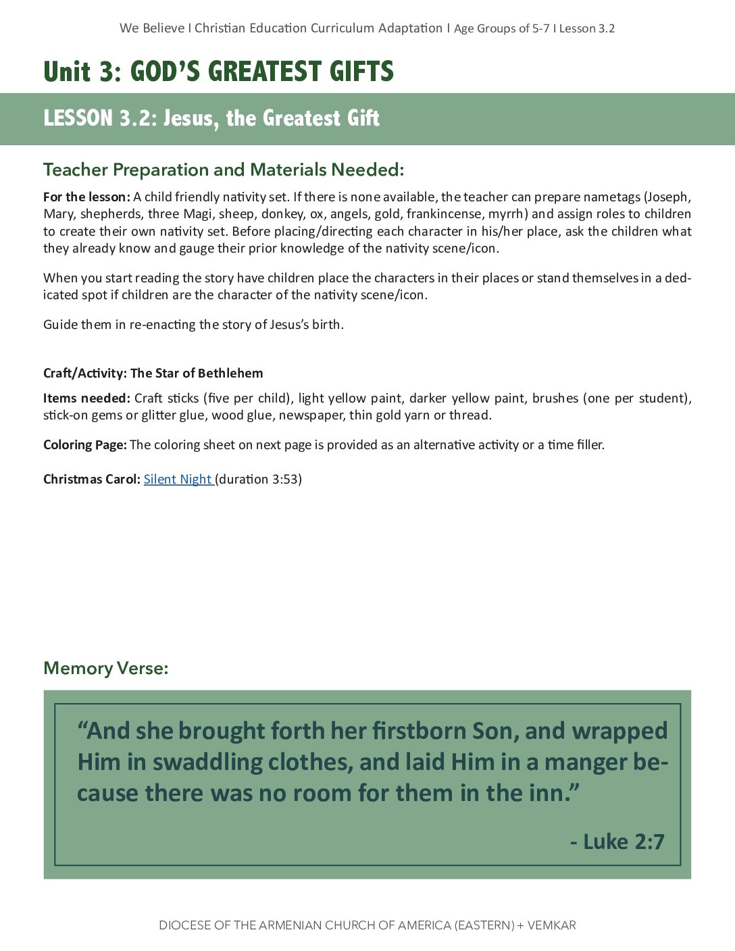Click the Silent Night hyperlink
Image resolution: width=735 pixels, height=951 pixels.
(178, 479)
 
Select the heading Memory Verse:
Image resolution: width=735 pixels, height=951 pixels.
(105, 668)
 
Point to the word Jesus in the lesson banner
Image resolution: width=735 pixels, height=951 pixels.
(191, 118)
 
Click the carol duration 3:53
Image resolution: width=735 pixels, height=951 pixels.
(286, 479)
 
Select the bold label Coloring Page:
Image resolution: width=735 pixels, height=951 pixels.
(84, 444)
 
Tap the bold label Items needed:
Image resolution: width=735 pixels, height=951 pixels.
(86, 398)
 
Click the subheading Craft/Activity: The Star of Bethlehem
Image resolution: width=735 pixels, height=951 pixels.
(153, 373)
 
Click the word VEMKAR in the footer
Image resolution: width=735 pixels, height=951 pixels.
(552, 925)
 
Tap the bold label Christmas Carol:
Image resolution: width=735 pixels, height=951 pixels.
(91, 479)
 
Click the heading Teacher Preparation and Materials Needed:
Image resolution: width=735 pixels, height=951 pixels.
(223, 170)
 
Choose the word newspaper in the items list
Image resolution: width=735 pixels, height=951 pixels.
(310, 415)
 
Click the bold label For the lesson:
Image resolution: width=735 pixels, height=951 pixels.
(86, 197)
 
